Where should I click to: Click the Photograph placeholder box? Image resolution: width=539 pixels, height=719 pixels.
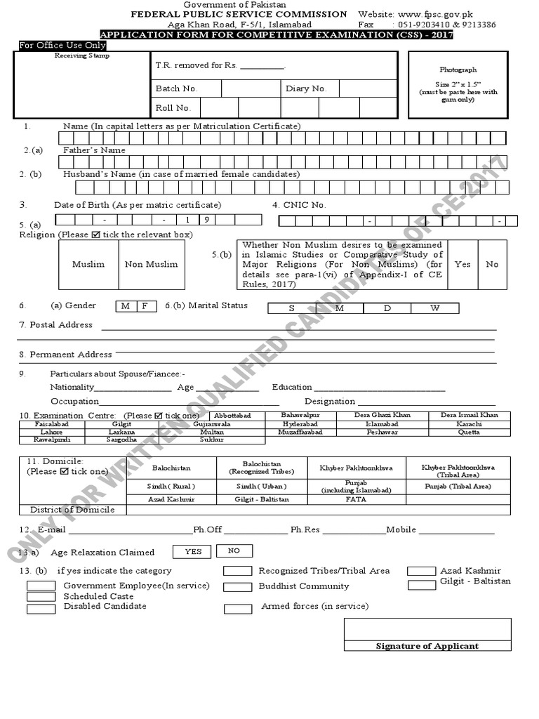[x=458, y=84]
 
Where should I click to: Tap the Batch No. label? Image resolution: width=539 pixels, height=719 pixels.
[x=177, y=88]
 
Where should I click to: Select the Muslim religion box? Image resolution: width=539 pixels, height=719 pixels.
[x=88, y=264]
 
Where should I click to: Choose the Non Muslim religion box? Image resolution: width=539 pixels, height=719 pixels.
[x=152, y=264]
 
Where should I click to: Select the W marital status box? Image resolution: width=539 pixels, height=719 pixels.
[x=435, y=308]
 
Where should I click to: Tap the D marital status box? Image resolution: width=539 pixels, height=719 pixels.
[x=387, y=308]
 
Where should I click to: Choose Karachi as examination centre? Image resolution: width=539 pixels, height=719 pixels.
[x=470, y=424]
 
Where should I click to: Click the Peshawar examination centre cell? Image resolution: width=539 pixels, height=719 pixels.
[x=382, y=432]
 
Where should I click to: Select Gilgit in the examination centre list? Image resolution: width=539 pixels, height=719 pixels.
[x=121, y=424]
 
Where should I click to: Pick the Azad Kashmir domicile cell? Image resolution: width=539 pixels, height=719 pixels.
[x=171, y=499]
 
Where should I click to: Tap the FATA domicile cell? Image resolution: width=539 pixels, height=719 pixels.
[x=357, y=499]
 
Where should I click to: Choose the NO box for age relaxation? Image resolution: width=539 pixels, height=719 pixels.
[x=234, y=551]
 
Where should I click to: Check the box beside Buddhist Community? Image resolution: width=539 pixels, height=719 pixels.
[x=238, y=587]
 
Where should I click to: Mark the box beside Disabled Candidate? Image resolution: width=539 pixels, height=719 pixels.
[x=40, y=607]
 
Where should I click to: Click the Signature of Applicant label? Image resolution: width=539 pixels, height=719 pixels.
[x=427, y=646]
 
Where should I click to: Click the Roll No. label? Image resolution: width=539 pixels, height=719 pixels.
[x=173, y=107]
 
